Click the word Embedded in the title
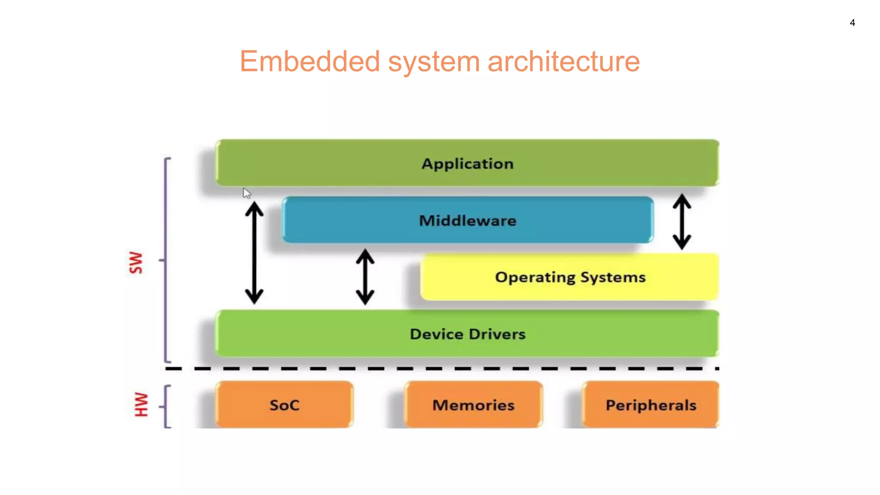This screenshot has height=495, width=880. (309, 61)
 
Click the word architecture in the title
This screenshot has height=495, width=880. (563, 61)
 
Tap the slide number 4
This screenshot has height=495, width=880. (852, 23)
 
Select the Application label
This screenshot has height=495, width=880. (467, 164)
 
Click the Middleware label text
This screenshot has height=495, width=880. (467, 221)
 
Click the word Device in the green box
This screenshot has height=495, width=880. (436, 334)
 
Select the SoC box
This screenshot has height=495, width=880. (284, 405)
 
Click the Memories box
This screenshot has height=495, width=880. (473, 405)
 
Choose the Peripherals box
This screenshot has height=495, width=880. (651, 405)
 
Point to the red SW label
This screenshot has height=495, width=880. (136, 263)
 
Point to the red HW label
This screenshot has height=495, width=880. (141, 404)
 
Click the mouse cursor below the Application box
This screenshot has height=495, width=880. (246, 193)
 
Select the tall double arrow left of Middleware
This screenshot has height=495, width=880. (254, 254)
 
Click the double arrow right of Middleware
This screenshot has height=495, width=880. (681, 222)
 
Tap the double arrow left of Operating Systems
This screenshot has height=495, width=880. (365, 277)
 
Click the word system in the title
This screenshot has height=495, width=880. (434, 61)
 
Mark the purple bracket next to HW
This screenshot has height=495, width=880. (166, 406)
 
